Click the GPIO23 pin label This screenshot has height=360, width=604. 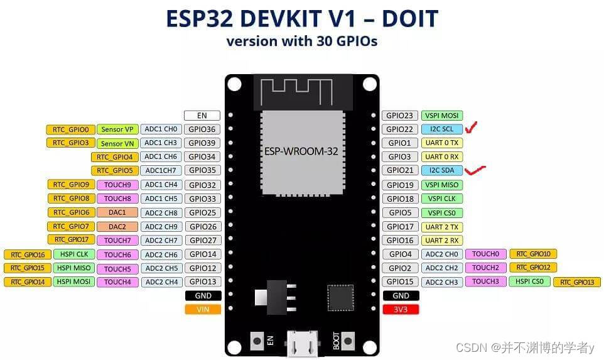tap(399, 116)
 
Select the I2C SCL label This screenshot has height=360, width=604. tap(442, 129)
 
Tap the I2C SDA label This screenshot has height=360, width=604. tap(442, 171)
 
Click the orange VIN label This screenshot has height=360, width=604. tap(203, 309)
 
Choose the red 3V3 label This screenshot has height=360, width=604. tap(401, 309)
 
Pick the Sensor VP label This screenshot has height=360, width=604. tap(117, 129)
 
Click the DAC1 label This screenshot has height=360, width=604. tap(117, 212)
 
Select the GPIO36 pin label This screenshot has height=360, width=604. tap(203, 129)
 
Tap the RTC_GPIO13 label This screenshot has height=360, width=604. tap(577, 282)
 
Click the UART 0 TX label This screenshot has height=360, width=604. tap(442, 143)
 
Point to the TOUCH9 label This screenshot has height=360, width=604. tap(117, 185)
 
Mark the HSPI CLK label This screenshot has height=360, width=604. tap(74, 254)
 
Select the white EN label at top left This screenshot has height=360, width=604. tap(203, 116)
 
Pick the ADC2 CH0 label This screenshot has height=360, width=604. tap(442, 254)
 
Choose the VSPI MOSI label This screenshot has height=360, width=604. tap(442, 116)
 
